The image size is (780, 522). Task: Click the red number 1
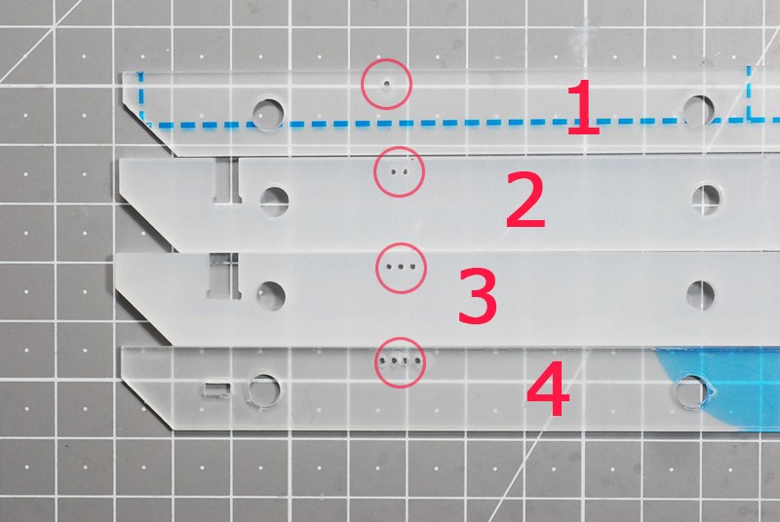coord(583,107)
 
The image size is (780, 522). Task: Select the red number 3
coord(477,296)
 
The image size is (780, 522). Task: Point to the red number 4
coord(548,389)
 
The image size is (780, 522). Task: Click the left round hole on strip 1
coord(268,115)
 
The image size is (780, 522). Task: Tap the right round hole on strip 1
coord(699,111)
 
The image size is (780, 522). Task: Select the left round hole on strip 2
coord(274,202)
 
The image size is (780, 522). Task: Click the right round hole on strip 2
coord(707,200)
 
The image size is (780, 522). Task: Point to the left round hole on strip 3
coord(271,296)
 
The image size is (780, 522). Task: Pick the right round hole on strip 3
coord(700,295)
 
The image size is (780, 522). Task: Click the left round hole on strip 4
coord(263,391)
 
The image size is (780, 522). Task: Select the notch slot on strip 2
coord(227,181)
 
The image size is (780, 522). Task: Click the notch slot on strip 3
coord(224,277)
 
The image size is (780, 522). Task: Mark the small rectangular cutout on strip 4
coord(216,390)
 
